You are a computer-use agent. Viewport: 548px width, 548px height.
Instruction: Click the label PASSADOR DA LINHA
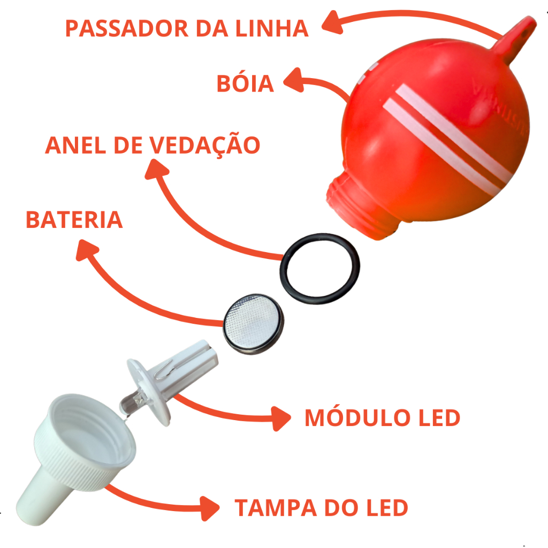pos(187,28)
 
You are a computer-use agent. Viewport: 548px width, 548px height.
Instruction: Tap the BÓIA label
pos(245,84)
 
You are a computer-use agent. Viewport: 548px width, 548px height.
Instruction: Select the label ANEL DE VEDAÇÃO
pos(153,145)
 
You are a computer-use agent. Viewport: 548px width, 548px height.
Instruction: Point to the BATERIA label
pos(74,220)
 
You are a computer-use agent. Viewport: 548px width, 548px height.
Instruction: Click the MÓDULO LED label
pos(382,418)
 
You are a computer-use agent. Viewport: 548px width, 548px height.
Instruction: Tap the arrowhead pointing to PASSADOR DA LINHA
pos(331,22)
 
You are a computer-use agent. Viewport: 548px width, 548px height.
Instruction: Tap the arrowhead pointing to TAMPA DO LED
pos(211,505)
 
